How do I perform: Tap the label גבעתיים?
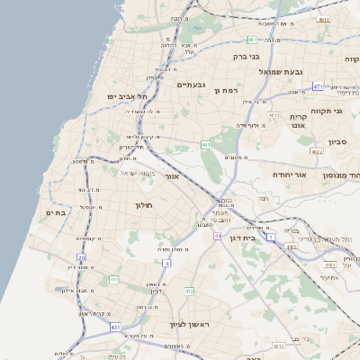tap(193, 85)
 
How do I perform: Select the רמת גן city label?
tap(223, 91)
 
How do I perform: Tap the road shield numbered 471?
tap(318, 86)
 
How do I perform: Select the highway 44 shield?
tap(219, 236)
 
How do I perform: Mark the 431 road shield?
tap(116, 328)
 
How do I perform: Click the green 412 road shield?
tap(189, 292)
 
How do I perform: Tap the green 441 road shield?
tap(114, 280)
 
